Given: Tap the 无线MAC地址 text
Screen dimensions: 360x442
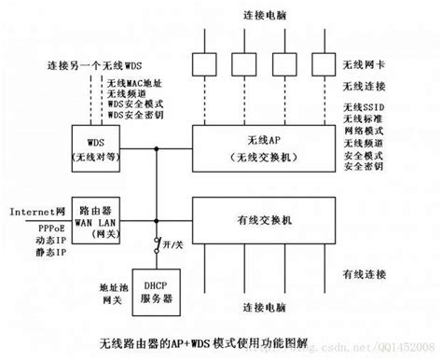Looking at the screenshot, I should pos(137,84).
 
